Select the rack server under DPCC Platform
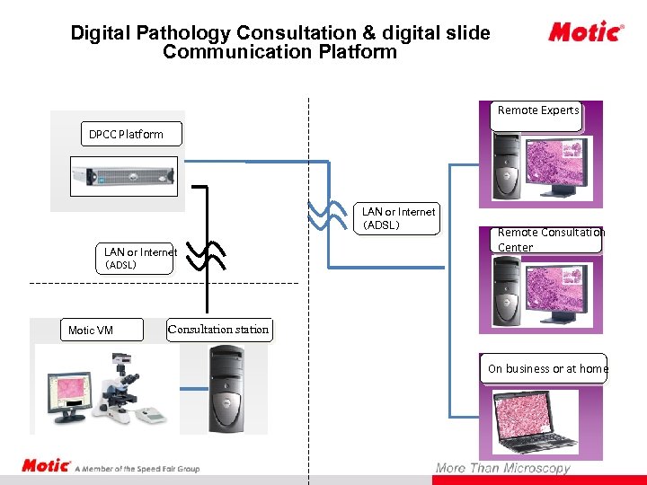(x=125, y=176)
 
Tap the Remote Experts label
(x=538, y=111)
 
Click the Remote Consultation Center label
(x=550, y=240)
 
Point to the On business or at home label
(x=547, y=369)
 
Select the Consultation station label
(x=218, y=330)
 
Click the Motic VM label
(x=91, y=331)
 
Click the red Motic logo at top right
(x=585, y=33)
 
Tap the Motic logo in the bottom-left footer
(x=46, y=466)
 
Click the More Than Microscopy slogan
(x=502, y=468)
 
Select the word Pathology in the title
(x=187, y=34)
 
